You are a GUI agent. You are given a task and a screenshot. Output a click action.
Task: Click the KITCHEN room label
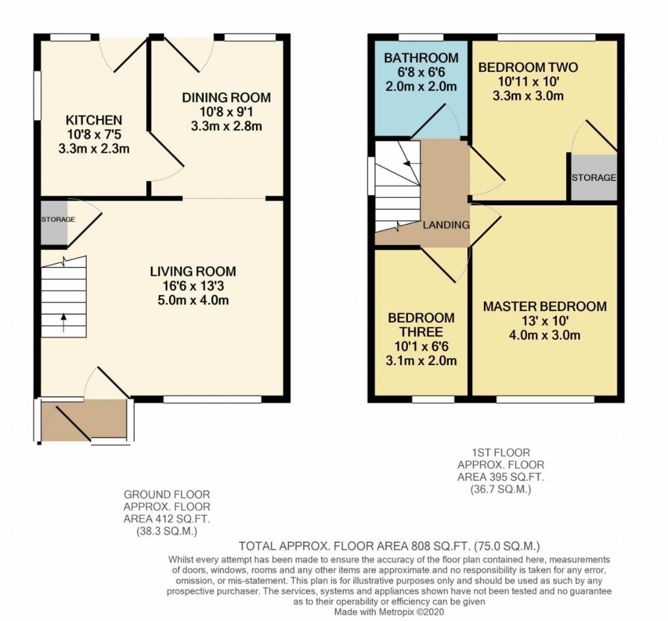94,120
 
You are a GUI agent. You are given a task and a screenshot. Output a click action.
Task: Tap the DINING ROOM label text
226,98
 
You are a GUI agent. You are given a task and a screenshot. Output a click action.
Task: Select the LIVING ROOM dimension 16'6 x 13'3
193,286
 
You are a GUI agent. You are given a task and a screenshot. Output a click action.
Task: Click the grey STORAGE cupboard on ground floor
54,223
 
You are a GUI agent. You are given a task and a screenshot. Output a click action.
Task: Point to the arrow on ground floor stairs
63,322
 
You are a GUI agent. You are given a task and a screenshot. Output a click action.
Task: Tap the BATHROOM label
421,58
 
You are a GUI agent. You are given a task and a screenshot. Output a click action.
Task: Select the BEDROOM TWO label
528,67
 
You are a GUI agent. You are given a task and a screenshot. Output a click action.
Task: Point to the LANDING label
446,225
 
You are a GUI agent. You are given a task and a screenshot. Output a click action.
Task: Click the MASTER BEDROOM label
544,306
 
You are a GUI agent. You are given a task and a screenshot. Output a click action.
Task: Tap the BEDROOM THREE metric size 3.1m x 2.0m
421,361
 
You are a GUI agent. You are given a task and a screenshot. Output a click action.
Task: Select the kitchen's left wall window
37,96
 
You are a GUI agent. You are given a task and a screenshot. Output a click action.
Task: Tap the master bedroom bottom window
545,399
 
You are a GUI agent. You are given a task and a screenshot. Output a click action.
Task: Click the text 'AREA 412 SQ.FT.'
167,519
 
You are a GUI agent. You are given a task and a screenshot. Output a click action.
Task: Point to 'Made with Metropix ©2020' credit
389,612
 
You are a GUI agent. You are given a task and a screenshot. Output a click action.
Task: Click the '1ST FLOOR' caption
501,452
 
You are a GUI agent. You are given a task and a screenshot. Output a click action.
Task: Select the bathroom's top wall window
420,38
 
